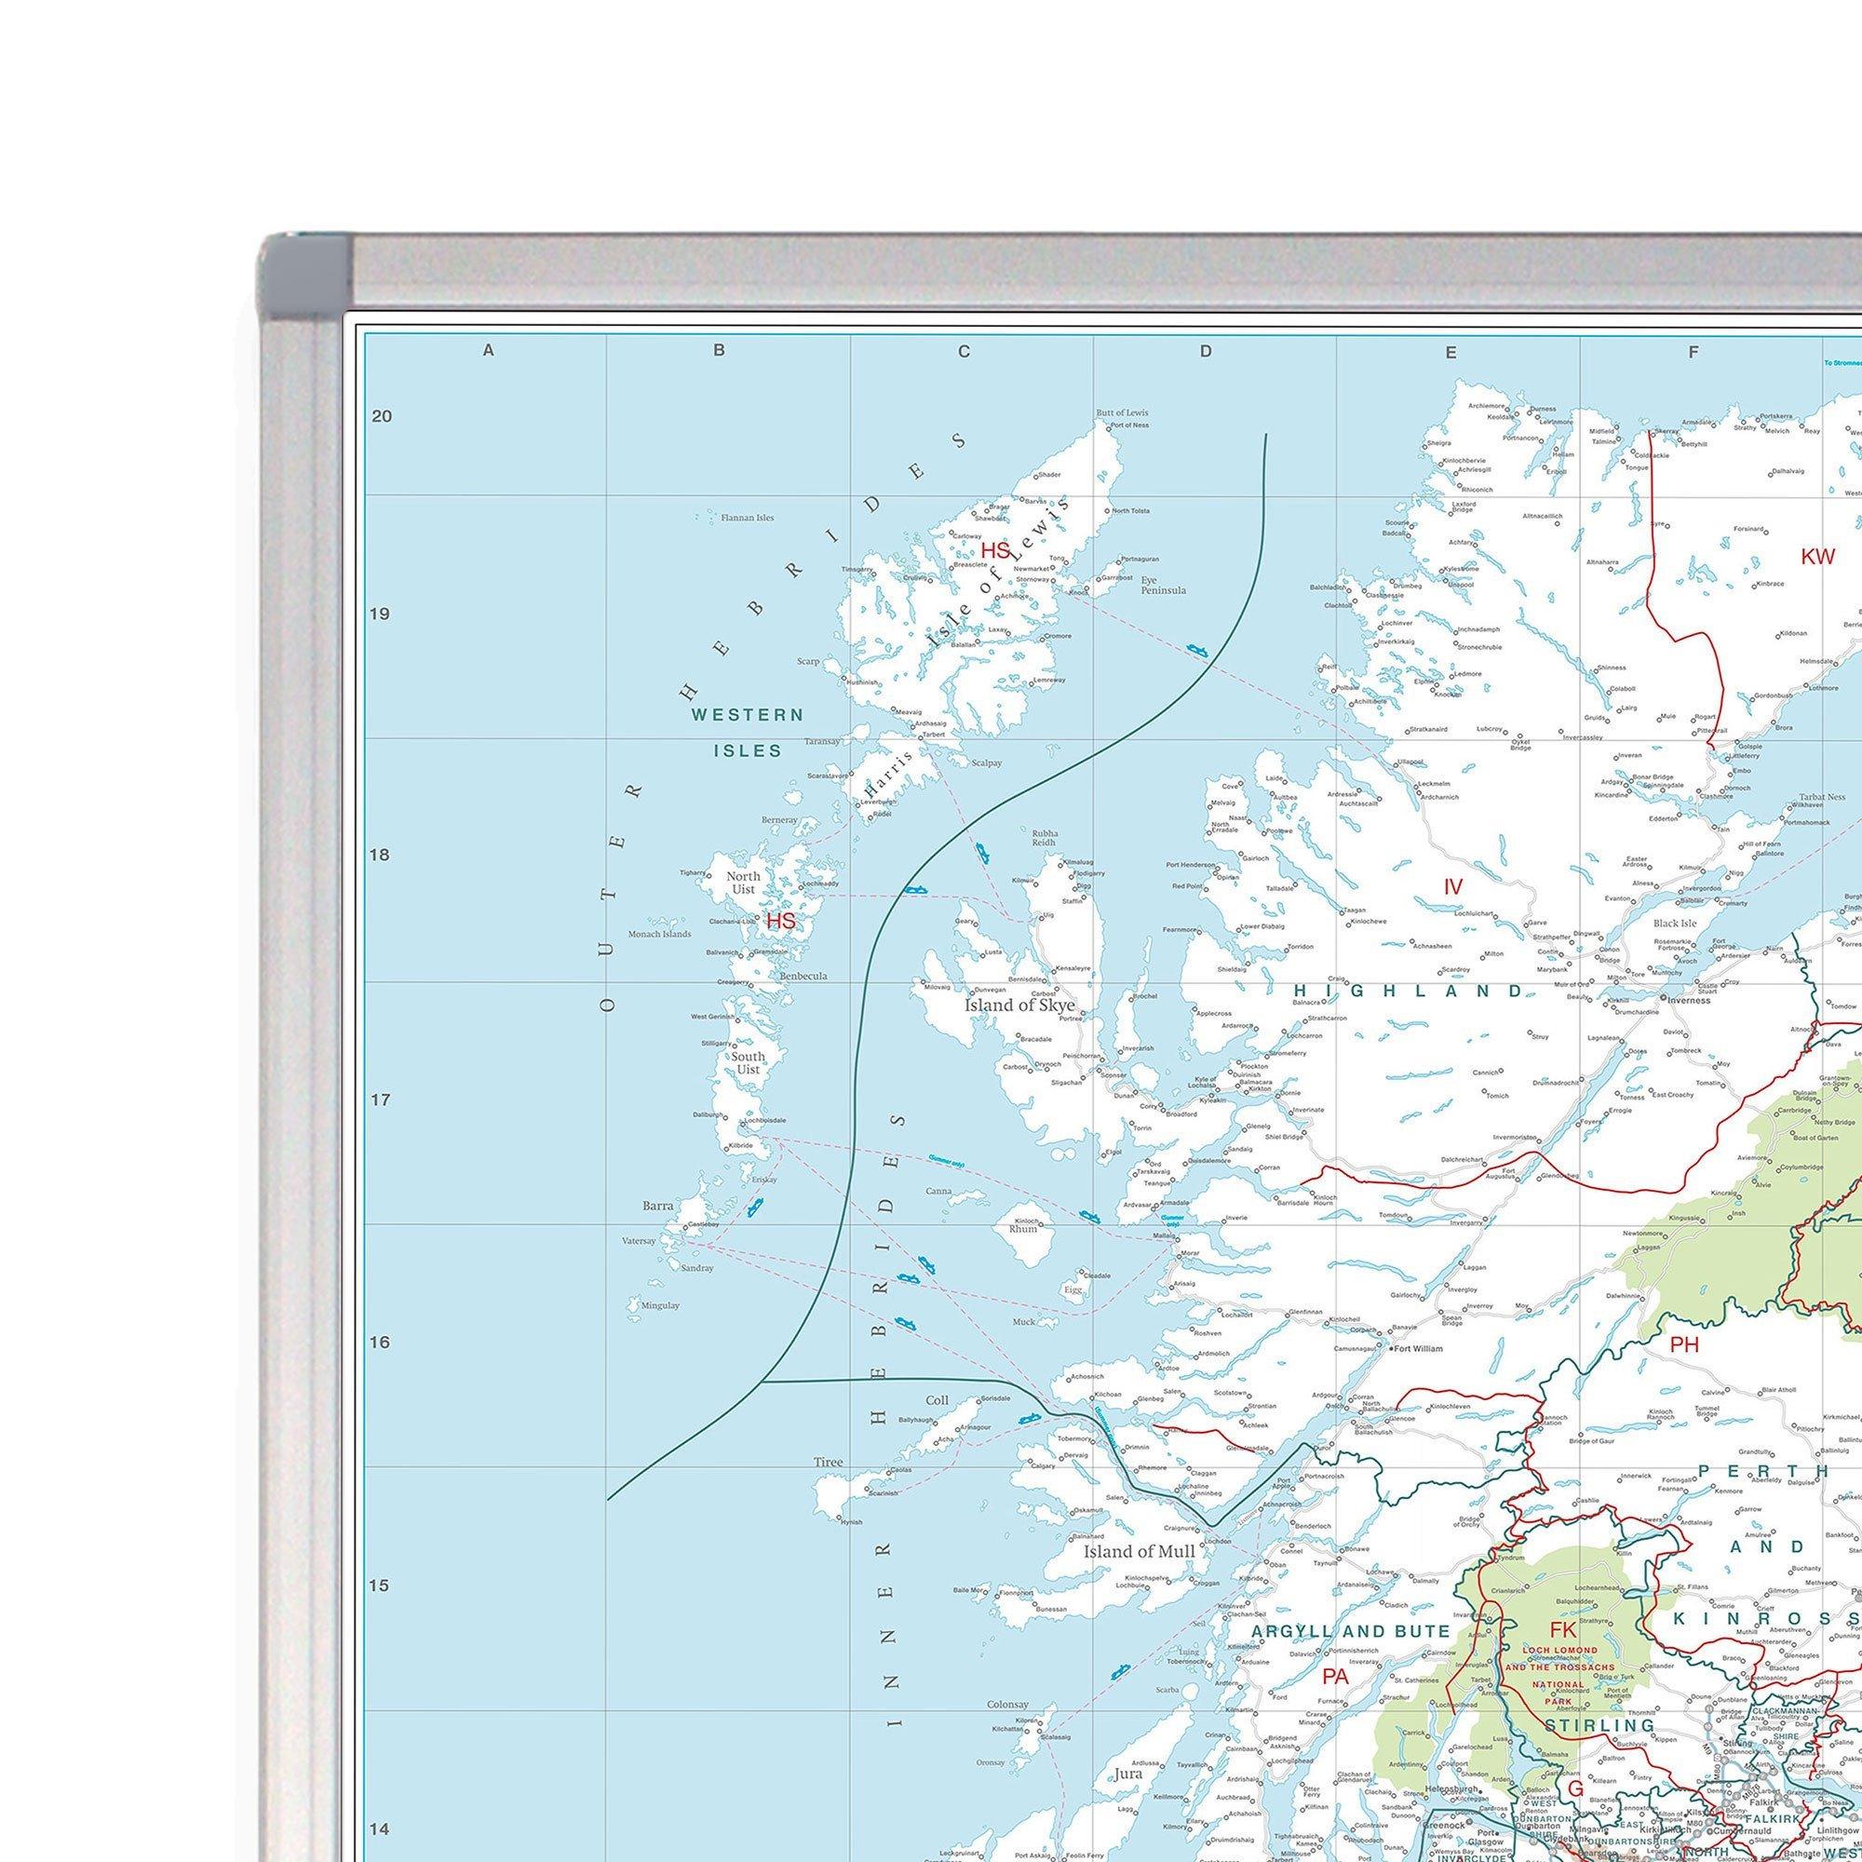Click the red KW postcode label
tap(1817, 556)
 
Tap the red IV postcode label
tap(1453, 886)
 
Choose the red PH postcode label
tap(1685, 1344)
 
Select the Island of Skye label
tap(1019, 1005)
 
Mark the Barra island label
tap(658, 1205)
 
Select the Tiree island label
tap(828, 1462)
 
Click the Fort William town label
tap(1420, 1348)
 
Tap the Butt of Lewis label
tap(1122, 412)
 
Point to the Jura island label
tap(1128, 1774)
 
